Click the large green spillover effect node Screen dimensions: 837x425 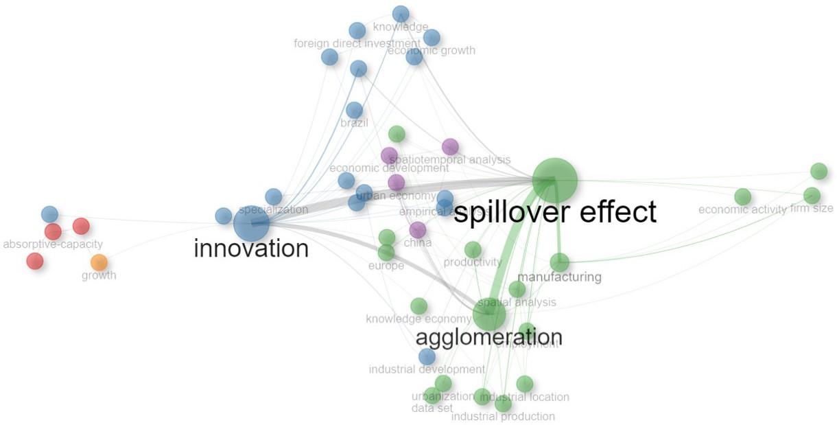[555, 181]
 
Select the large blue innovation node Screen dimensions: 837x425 [252, 224]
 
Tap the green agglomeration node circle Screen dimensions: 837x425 [489, 315]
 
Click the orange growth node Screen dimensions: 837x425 [99, 262]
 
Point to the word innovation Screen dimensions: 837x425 [251, 248]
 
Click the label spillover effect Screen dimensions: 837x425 [555, 212]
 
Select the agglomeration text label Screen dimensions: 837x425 [489, 337]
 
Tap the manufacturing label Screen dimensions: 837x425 [559, 277]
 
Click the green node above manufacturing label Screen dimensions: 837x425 [559, 262]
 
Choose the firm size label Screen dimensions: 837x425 [812, 208]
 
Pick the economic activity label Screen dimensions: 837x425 [742, 209]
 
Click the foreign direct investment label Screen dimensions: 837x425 [357, 44]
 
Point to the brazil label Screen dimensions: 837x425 [354, 124]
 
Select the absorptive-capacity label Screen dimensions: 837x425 [53, 244]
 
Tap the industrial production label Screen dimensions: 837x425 [503, 416]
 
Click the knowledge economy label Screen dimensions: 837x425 [418, 319]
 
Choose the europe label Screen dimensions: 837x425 [386, 266]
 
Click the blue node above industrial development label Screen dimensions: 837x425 [427, 356]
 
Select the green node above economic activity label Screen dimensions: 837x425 [742, 197]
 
